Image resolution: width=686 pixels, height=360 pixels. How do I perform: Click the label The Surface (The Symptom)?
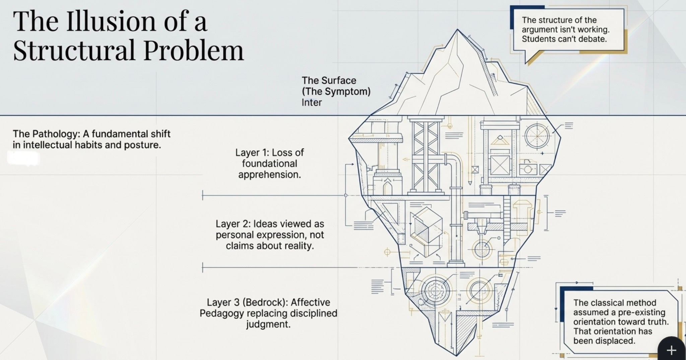(336, 86)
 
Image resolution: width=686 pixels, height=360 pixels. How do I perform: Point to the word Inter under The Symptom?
(312, 102)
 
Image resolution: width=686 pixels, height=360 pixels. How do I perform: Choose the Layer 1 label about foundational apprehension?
(269, 163)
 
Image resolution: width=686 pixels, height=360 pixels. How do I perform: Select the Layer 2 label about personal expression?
(270, 235)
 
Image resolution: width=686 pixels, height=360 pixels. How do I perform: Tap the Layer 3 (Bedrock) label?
(268, 313)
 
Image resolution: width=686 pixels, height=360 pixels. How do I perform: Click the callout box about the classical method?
(620, 321)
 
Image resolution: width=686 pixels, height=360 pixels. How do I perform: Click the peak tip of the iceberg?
(457, 30)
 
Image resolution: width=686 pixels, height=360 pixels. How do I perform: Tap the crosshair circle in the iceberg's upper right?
(537, 136)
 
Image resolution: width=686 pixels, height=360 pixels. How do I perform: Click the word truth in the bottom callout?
(657, 322)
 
